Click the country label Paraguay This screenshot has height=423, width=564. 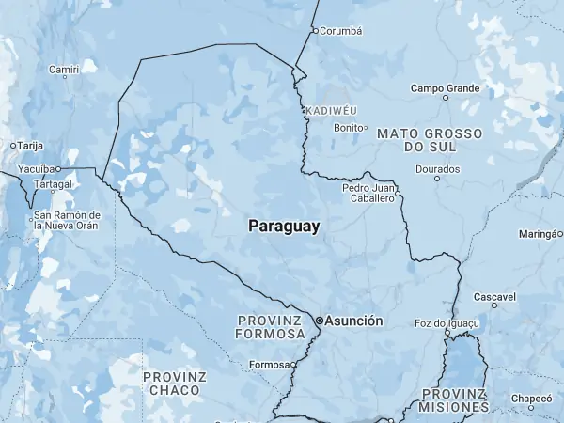tap(284, 227)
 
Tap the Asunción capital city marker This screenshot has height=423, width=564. tap(320, 321)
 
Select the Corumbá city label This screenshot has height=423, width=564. tap(340, 30)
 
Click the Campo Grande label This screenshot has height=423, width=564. tap(446, 88)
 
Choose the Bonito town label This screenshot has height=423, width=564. tap(348, 127)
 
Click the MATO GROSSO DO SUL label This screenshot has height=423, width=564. tap(429, 141)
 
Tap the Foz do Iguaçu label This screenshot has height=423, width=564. tap(446, 323)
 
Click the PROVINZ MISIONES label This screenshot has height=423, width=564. tap(454, 400)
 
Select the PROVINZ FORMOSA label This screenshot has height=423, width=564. tap(271, 327)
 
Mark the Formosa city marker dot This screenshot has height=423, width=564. tap(293, 364)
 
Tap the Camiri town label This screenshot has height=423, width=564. tap(64, 70)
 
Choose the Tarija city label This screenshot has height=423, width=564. tap(31, 146)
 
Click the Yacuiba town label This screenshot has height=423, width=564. tap(37, 169)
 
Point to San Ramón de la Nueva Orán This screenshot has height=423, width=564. tap(67, 220)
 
